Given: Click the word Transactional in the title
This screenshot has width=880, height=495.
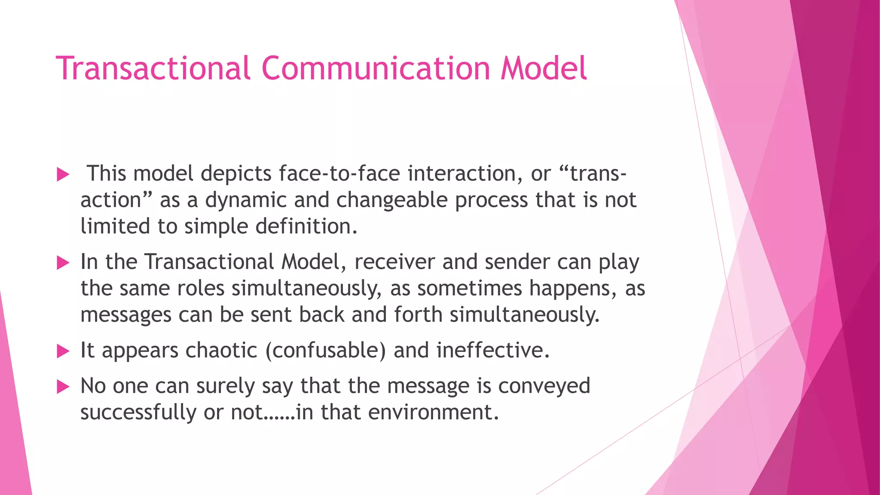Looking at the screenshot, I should click(153, 69).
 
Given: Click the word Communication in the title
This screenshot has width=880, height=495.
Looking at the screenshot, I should click(376, 69).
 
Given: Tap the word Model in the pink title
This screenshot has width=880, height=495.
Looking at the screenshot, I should click(544, 69).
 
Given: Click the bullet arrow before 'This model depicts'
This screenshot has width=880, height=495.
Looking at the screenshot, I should click(63, 174).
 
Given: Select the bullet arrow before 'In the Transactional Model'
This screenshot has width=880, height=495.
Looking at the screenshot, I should click(63, 263).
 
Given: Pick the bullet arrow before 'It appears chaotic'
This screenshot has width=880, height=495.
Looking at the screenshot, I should click(63, 351).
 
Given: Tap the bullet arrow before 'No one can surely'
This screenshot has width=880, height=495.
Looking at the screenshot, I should click(63, 387).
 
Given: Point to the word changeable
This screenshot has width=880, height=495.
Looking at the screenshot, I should click(392, 200).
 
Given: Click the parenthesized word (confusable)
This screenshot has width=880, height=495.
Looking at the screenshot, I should click(326, 351).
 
